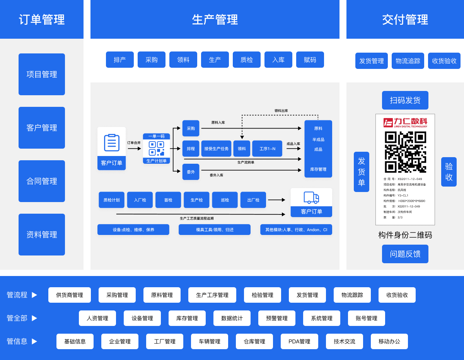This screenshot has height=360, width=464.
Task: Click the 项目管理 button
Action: pyautogui.click(x=42, y=74)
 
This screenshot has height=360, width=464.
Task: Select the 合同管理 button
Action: pyautogui.click(x=42, y=181)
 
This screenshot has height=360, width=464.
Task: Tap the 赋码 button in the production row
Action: pyautogui.click(x=310, y=60)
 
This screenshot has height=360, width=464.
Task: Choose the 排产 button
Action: pyautogui.click(x=120, y=60)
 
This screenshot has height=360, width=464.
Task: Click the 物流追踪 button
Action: pyautogui.click(x=408, y=61)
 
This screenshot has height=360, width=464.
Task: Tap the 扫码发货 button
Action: pyautogui.click(x=405, y=100)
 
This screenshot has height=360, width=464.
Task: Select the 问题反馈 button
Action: pyautogui.click(x=405, y=254)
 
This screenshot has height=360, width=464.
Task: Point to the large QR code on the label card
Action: pyautogui.click(x=405, y=152)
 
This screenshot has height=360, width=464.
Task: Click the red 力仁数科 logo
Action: pyautogui.click(x=405, y=123)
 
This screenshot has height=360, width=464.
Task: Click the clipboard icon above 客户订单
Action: pyautogui.click(x=112, y=143)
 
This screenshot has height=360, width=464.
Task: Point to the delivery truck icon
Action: pyautogui.click(x=311, y=197)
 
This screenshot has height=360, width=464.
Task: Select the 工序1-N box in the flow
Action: pyautogui.click(x=267, y=149)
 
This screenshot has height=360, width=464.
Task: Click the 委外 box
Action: pyautogui.click(x=191, y=172)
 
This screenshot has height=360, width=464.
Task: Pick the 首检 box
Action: pyautogui.click(x=168, y=200)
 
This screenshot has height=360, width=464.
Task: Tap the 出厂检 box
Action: pyautogui.click(x=253, y=200)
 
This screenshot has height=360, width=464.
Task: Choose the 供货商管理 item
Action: pyautogui.click(x=70, y=295)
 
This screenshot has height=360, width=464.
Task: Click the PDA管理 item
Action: pyautogui.click(x=299, y=341)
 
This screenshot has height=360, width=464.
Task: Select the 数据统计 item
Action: pyautogui.click(x=232, y=318)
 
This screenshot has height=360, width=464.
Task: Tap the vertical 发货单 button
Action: pyautogui.click(x=362, y=172)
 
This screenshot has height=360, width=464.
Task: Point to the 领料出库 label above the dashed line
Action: pyautogui.click(x=281, y=111)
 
